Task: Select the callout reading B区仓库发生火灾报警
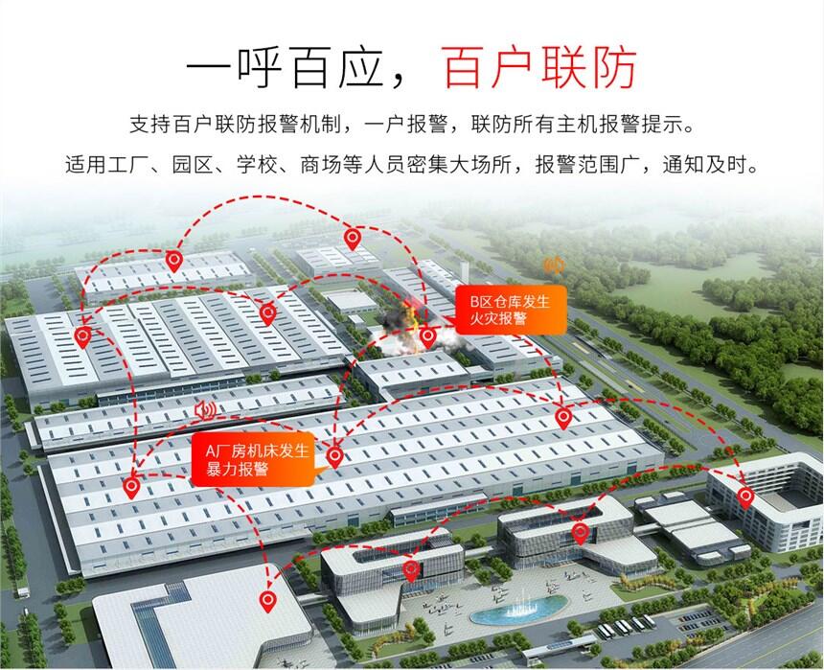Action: (508, 310)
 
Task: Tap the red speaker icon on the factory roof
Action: (204, 410)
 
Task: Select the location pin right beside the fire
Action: (427, 336)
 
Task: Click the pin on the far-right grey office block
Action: (745, 496)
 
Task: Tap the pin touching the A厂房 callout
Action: (334, 456)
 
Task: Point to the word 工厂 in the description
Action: (129, 164)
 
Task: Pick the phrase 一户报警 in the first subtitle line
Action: (401, 127)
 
